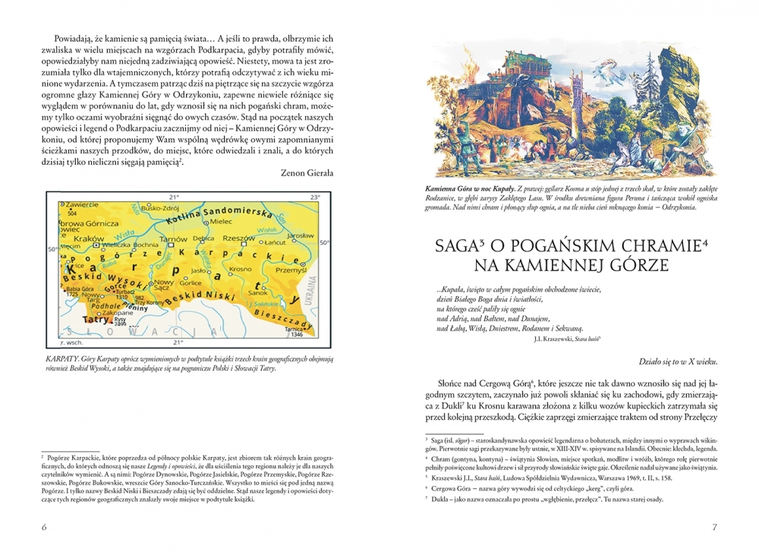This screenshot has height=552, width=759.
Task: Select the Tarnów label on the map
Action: pyautogui.click(x=177, y=239)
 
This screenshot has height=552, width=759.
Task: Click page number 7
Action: pyautogui.click(x=714, y=527)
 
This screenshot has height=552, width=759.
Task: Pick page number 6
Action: pyautogui.click(x=44, y=527)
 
